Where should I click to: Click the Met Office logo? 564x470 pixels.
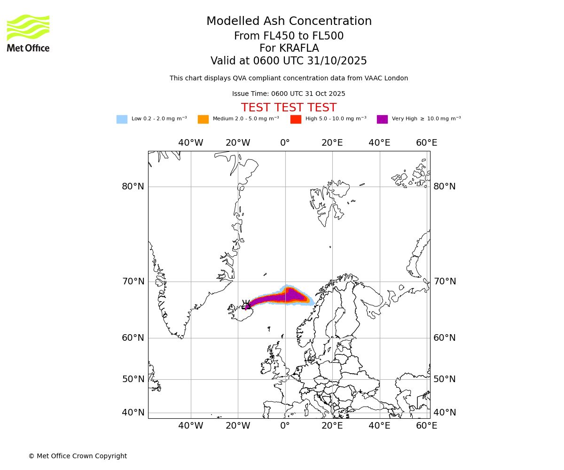pyautogui.click(x=28, y=33)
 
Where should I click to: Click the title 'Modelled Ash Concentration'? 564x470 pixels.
pyautogui.click(x=289, y=22)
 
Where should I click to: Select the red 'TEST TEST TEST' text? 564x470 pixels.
pyautogui.click(x=289, y=108)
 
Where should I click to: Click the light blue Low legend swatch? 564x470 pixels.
pyautogui.click(x=122, y=119)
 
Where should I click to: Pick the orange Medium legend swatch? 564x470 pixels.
pyautogui.click(x=203, y=119)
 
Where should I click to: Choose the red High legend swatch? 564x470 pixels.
pyautogui.click(x=296, y=119)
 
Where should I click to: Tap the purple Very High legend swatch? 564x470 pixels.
pyautogui.click(x=382, y=119)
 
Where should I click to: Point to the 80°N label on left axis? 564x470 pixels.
pyautogui.click(x=133, y=187)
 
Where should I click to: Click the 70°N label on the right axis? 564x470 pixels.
pyautogui.click(x=445, y=282)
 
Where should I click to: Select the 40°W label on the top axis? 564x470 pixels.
pyautogui.click(x=190, y=143)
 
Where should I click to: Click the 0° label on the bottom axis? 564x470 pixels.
pyautogui.click(x=285, y=426)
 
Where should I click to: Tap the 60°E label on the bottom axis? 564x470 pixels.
pyautogui.click(x=426, y=426)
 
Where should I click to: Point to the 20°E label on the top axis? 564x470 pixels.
pyautogui.click(x=332, y=143)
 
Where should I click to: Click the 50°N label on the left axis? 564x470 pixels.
pyautogui.click(x=133, y=379)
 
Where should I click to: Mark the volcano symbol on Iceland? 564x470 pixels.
pyautogui.click(x=246, y=304)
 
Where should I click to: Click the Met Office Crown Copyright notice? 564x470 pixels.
pyautogui.click(x=78, y=456)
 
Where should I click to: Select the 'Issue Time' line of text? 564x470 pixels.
pyautogui.click(x=289, y=94)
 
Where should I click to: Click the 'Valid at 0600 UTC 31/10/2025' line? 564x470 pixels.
pyautogui.click(x=289, y=61)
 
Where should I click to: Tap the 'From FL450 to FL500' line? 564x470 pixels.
pyautogui.click(x=289, y=36)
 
